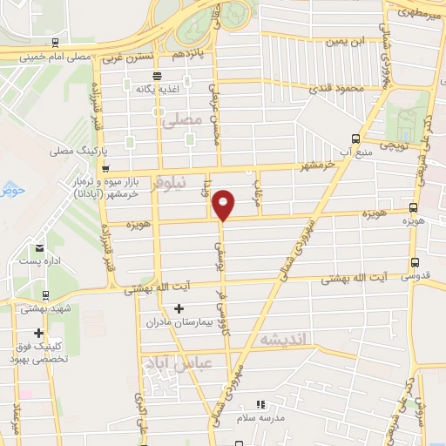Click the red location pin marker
(x=224, y=204)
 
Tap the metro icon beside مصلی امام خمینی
(x=55, y=42)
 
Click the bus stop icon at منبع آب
(x=355, y=138)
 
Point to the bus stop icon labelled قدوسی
(x=414, y=261)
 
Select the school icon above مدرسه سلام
(x=260, y=404)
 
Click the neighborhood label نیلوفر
(x=168, y=186)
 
